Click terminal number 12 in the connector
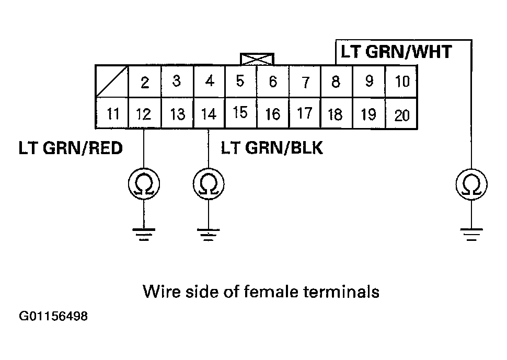143,113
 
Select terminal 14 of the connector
209,113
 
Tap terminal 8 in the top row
336,82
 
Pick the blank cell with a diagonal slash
112,82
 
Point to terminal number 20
401,114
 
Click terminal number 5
240,82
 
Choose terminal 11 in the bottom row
112,113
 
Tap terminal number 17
304,113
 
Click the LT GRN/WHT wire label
396,52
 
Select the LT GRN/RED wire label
71,148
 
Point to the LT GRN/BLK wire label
272,148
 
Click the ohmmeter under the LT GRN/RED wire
144,184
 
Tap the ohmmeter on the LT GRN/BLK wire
209,184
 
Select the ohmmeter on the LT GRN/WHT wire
471,184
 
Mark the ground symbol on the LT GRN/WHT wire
471,234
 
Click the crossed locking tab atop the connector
256,59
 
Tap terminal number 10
401,82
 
